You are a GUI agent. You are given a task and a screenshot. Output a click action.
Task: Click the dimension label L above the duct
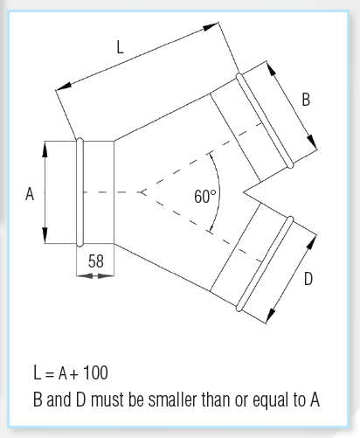coord(120,47)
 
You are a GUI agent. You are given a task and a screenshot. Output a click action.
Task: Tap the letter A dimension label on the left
coord(30,194)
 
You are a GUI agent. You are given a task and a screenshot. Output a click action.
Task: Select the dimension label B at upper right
coord(306,100)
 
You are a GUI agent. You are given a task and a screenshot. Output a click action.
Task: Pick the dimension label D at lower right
coord(308,279)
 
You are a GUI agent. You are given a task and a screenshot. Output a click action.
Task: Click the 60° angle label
coord(205,196)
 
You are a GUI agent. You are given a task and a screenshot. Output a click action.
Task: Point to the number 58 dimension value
coord(96,261)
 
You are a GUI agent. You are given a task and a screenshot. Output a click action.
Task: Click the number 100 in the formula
coord(95,372)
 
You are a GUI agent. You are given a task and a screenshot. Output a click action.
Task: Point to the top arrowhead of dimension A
coord(45,149)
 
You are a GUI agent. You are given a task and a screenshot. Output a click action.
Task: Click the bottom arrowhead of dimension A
coord(45,235)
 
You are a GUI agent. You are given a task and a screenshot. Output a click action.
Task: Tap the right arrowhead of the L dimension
coord(211,26)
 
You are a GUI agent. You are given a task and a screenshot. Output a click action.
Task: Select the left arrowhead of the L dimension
coord(63,87)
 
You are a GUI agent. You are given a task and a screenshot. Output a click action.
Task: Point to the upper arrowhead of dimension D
coord(312,242)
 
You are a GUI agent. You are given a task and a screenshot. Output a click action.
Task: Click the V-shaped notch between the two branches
coord(243,192)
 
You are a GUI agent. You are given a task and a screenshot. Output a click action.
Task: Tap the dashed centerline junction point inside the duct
coord(142,192)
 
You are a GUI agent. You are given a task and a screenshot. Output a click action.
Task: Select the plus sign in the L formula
coord(74,374)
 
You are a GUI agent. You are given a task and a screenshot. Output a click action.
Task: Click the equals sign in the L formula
coord(50,374)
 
